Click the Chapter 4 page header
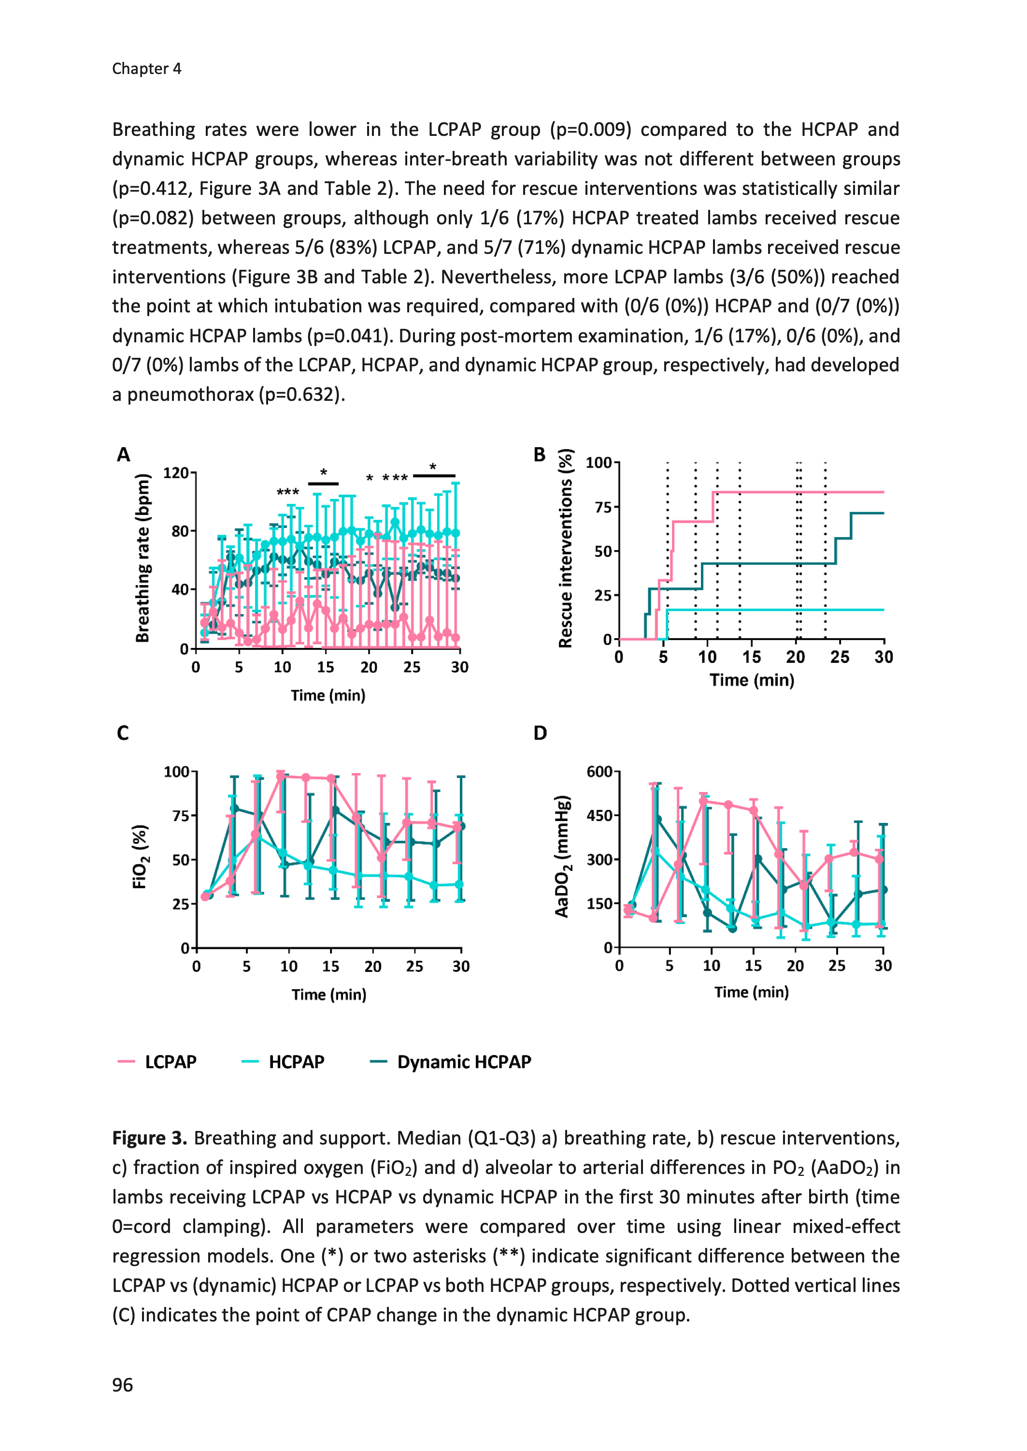pyautogui.click(x=147, y=68)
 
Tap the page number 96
pyautogui.click(x=123, y=1385)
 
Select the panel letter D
pyautogui.click(x=540, y=733)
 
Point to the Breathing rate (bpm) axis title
pyautogui.click(x=143, y=558)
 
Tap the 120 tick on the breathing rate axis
pyautogui.click(x=176, y=473)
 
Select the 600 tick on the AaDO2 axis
pyautogui.click(x=599, y=771)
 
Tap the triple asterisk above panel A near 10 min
pyautogui.click(x=288, y=492)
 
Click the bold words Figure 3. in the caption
pyautogui.click(x=149, y=1138)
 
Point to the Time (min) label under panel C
pyautogui.click(x=329, y=994)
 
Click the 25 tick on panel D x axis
pyautogui.click(x=837, y=966)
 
